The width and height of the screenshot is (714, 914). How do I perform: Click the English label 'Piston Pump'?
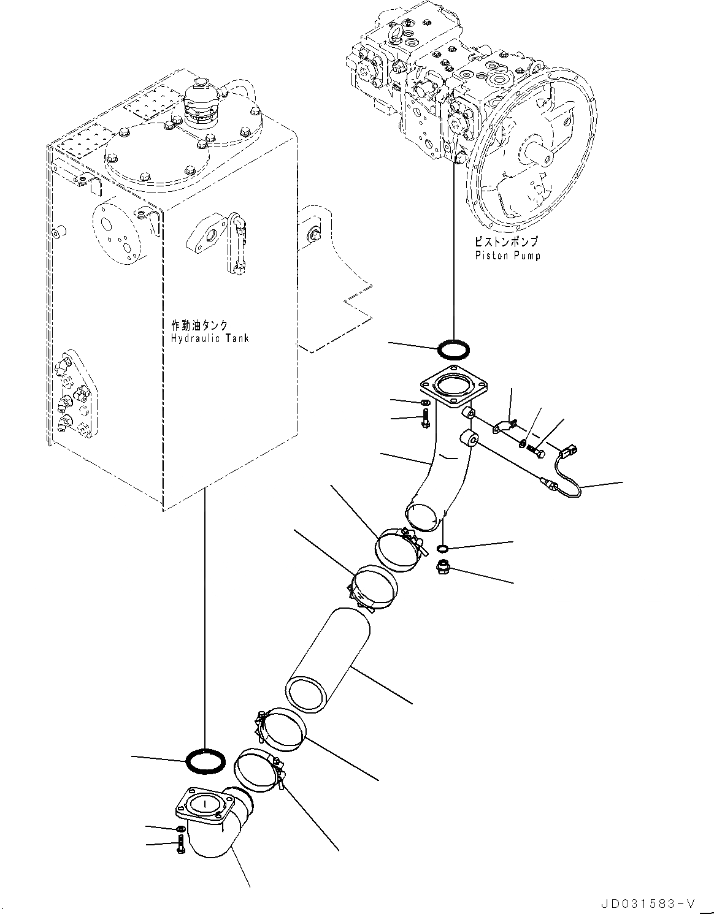coord(507,256)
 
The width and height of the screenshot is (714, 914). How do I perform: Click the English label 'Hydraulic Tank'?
coord(210,338)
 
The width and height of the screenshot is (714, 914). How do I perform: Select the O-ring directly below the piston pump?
coord(455,349)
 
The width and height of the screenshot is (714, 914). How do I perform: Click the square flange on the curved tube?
coord(453,388)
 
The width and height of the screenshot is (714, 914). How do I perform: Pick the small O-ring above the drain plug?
coord(442,547)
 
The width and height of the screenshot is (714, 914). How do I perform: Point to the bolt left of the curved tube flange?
coord(426,421)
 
